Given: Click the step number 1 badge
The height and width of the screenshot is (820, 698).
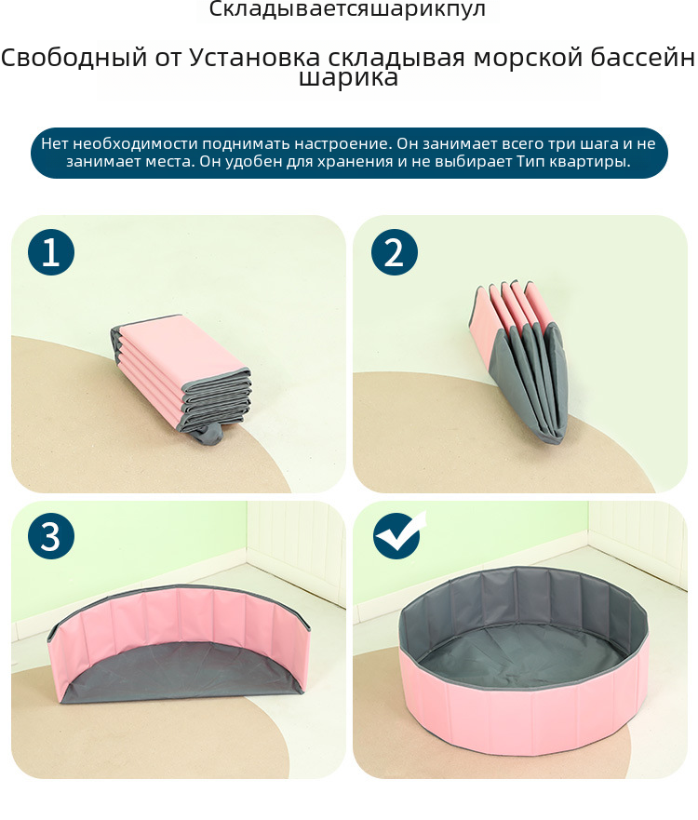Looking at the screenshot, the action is coord(50,252).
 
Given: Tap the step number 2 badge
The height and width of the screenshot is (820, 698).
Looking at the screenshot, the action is coord(395,252).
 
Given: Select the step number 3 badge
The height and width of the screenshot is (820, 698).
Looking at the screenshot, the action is coord(50,536).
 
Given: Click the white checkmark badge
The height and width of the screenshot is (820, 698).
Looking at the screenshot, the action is coord(398,534).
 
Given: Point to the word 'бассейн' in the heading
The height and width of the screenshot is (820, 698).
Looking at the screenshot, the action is coord(643,57).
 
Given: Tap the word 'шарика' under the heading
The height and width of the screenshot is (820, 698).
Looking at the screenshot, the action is coord(348,78).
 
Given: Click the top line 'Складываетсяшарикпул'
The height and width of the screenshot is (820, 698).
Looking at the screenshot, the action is coord(348,9).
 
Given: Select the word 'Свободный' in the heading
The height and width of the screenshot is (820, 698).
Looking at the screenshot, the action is coord(74,57).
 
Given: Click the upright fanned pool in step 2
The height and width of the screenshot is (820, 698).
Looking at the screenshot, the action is coord(517,362).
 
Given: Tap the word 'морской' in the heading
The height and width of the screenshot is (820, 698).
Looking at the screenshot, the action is coord(528,57).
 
